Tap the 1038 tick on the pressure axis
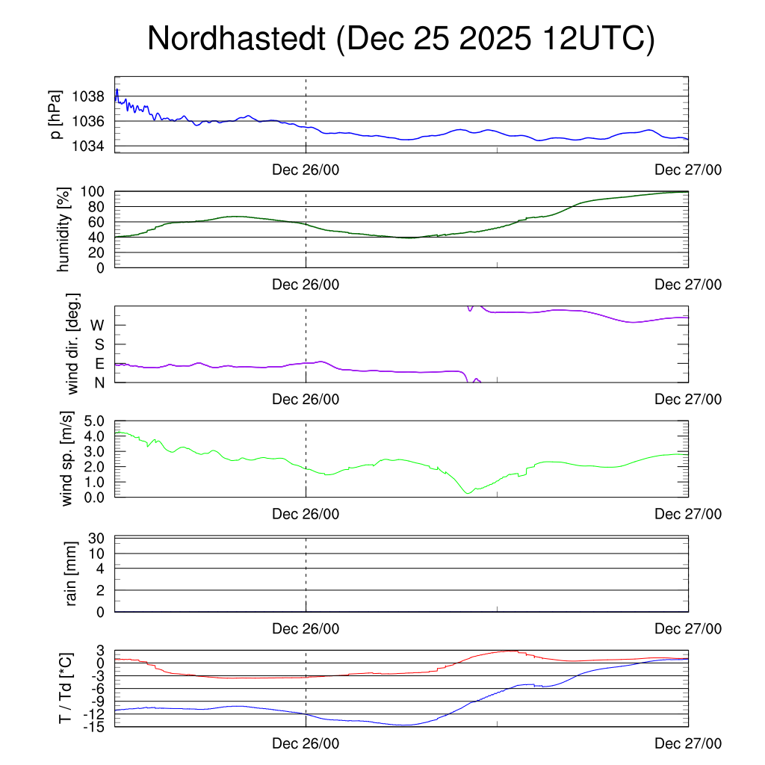[x=89, y=96]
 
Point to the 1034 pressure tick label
[x=89, y=146]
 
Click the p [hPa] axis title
[x=57, y=114]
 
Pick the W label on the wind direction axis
[x=97, y=325]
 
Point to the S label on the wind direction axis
[x=98, y=344]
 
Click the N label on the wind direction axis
[x=98, y=382]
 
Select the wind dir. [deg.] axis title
[x=73, y=344]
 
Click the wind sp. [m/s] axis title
[x=67, y=459]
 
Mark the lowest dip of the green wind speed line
[x=468, y=493]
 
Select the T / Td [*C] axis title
[x=66, y=688]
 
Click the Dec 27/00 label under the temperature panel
[x=688, y=743]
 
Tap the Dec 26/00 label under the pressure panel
[x=306, y=170]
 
